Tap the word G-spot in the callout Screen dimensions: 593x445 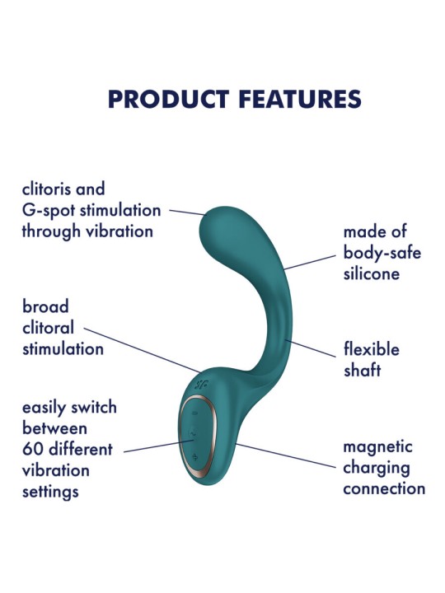pyautogui.click(x=46, y=210)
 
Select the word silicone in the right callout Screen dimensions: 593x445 pyautogui.click(x=372, y=273)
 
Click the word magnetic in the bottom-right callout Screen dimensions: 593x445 pyautogui.click(x=378, y=447)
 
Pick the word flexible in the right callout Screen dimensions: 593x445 pyautogui.click(x=372, y=349)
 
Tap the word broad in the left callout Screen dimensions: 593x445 pyautogui.click(x=45, y=307)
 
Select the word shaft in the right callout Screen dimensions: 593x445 pyautogui.click(x=363, y=370)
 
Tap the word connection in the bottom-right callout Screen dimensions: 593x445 pyautogui.click(x=384, y=488)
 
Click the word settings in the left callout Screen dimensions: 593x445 pyautogui.click(x=50, y=492)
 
